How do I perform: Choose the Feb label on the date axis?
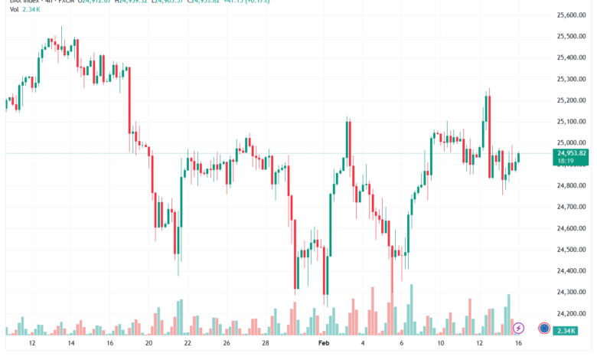[322, 345]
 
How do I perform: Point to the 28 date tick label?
[265, 345]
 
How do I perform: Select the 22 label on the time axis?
[188, 345]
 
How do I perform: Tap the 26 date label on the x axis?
[227, 345]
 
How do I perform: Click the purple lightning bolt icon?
[519, 328]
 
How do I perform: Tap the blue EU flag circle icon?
[543, 328]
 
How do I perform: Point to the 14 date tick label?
[70, 345]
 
